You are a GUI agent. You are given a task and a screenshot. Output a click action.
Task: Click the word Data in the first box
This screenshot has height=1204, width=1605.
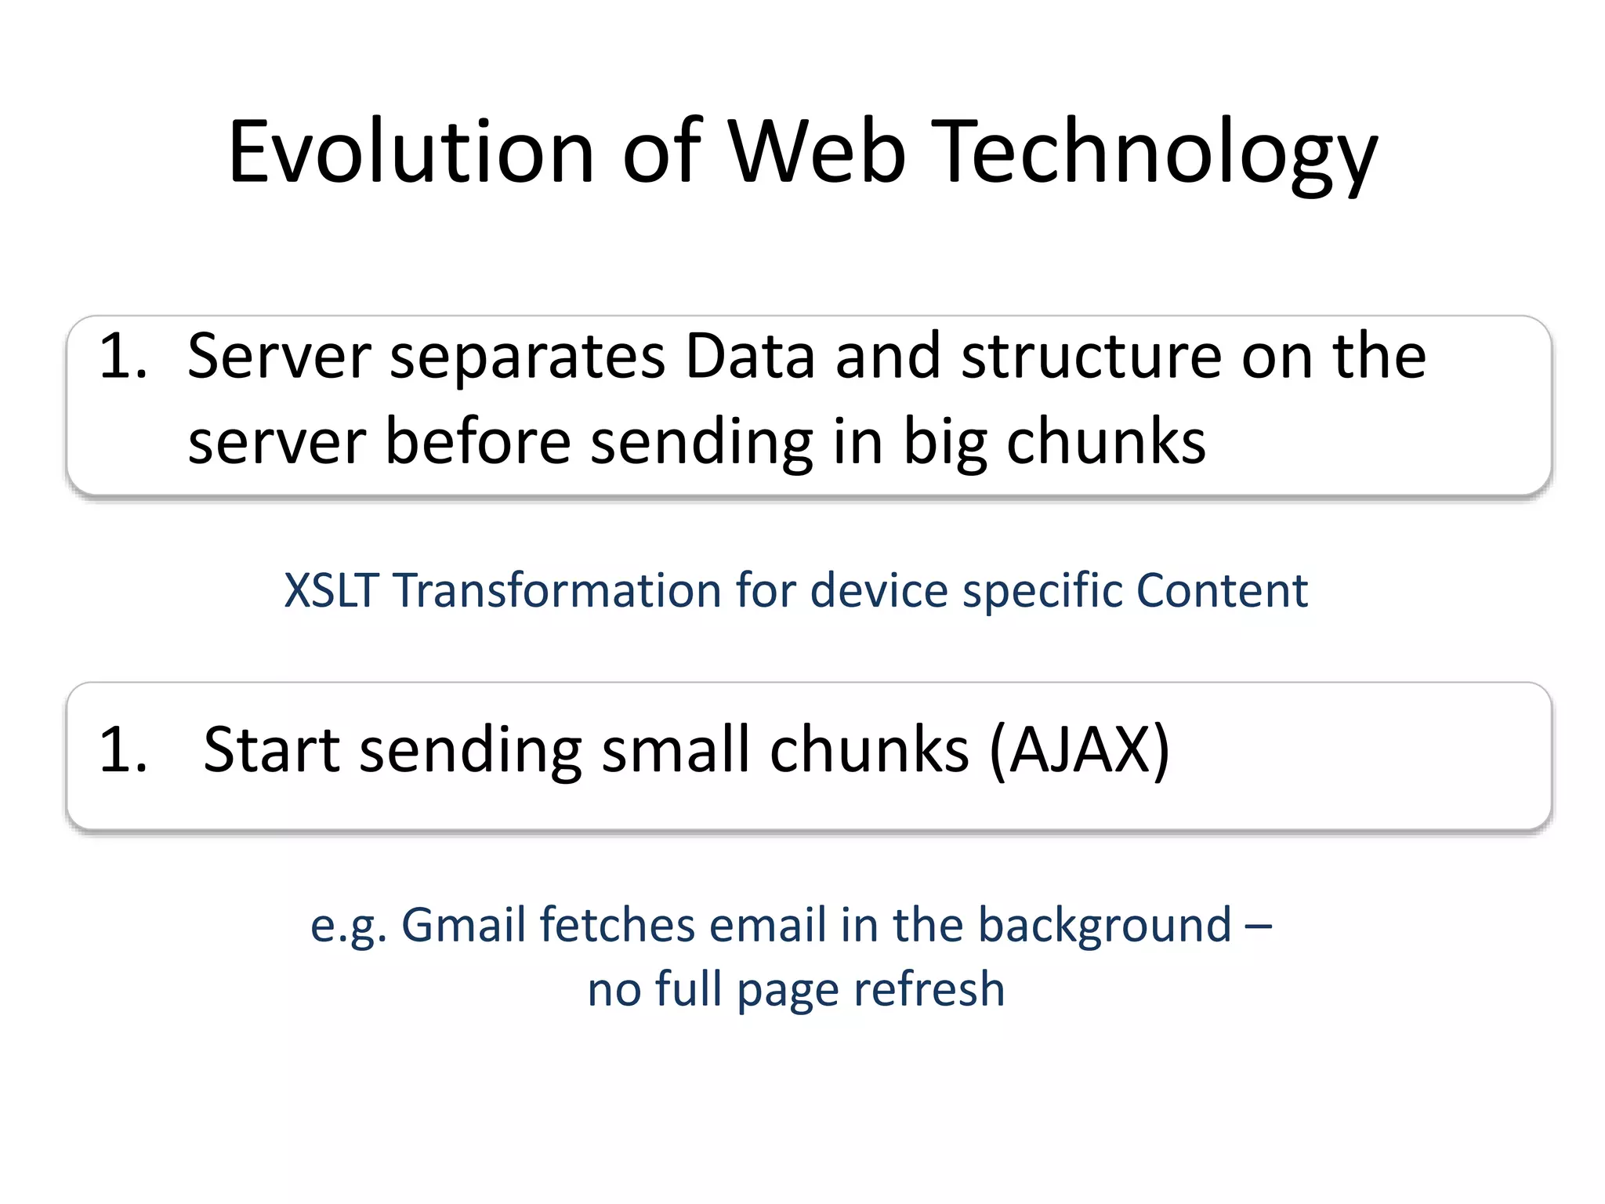point(749,356)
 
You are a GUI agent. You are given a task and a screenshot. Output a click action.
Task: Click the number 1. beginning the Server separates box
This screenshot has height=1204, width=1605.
point(124,356)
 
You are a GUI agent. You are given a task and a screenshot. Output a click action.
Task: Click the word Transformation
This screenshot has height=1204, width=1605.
point(557,589)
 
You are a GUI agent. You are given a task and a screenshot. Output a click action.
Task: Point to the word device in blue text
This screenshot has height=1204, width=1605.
point(879,589)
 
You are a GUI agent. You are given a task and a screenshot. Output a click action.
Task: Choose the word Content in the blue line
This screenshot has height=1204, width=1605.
point(1221,589)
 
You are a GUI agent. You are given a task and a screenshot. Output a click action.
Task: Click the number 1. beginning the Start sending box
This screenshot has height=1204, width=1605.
point(124,749)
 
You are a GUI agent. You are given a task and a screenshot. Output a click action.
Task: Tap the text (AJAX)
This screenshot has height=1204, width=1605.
point(1079,750)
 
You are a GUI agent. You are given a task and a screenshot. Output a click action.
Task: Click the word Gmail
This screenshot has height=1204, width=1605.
point(462,925)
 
